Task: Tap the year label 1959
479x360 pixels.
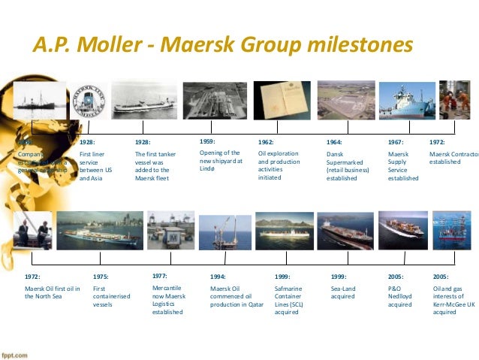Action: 208,141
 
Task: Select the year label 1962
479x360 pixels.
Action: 266,142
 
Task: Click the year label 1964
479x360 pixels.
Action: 334,142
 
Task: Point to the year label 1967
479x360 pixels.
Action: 396,142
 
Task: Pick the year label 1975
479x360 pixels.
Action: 101,277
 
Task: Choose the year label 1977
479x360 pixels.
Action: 160,276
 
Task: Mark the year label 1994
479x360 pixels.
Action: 218,277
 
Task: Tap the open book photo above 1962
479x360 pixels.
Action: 279,101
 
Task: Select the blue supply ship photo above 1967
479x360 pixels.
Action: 406,101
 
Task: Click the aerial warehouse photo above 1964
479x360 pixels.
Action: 342,101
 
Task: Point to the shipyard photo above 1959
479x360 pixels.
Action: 215,101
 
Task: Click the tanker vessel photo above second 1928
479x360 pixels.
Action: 145,101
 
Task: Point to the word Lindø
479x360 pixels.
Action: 208,170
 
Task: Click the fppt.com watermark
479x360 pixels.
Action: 14,355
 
